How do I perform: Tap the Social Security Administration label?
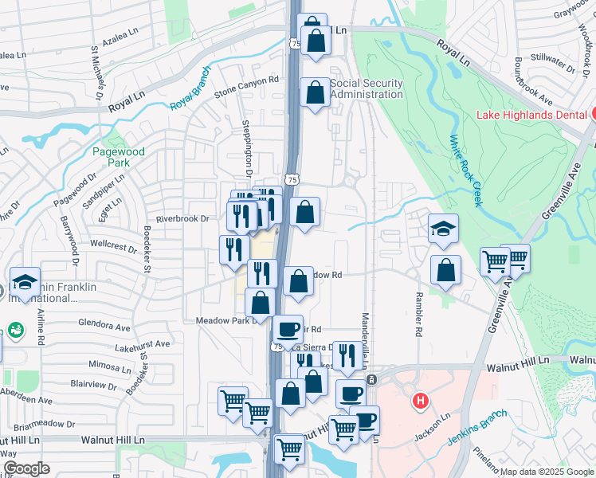[x=367, y=88]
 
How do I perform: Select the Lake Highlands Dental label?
[x=532, y=114]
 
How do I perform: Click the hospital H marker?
[x=420, y=402]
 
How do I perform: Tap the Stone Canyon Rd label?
[x=246, y=80]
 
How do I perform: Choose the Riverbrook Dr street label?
[x=182, y=218]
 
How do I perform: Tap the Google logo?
[x=26, y=468]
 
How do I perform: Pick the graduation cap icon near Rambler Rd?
[x=443, y=229]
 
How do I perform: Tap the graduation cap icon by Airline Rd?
[x=25, y=282]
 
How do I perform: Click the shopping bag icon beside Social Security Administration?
[x=316, y=92]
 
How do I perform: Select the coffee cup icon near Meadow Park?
[x=288, y=328]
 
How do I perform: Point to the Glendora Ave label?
[x=104, y=327]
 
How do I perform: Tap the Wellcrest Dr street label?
[x=114, y=247]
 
